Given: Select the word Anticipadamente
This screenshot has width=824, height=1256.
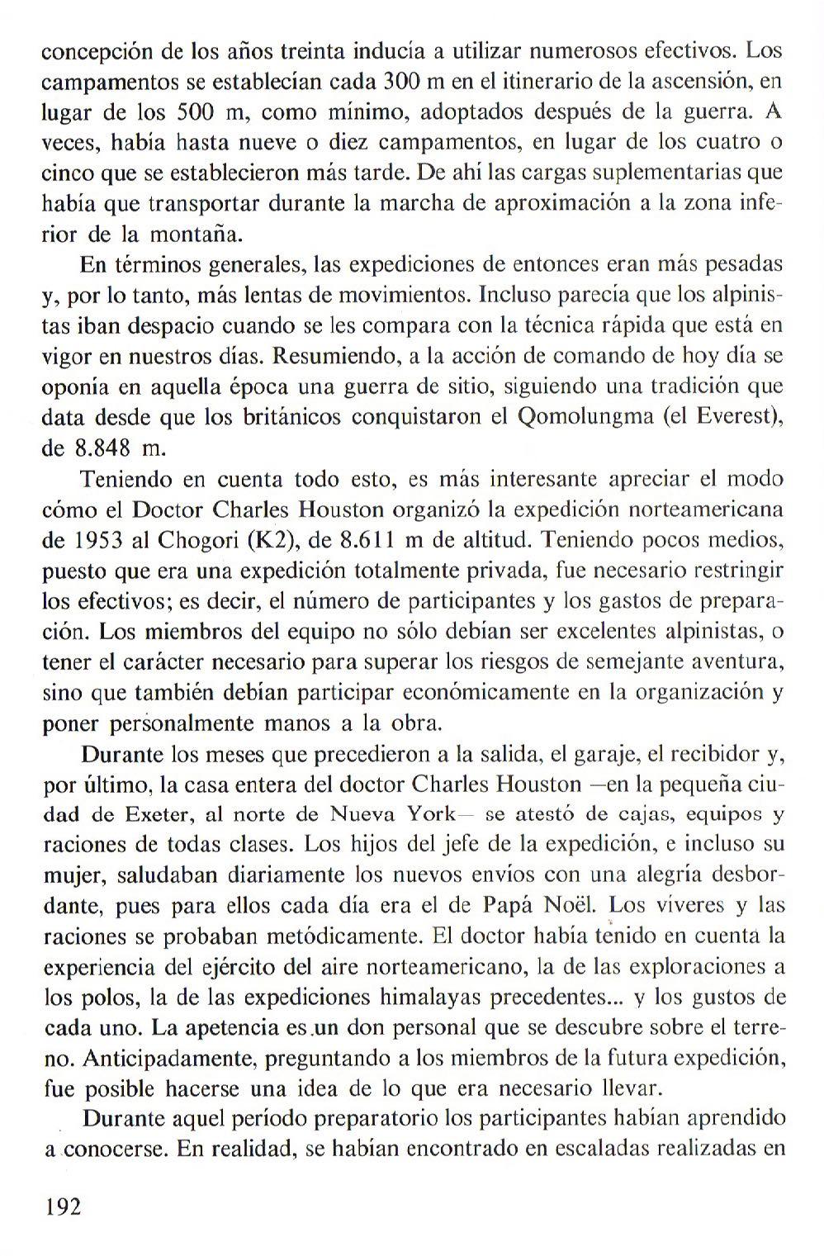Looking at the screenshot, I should tap(158, 1058).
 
